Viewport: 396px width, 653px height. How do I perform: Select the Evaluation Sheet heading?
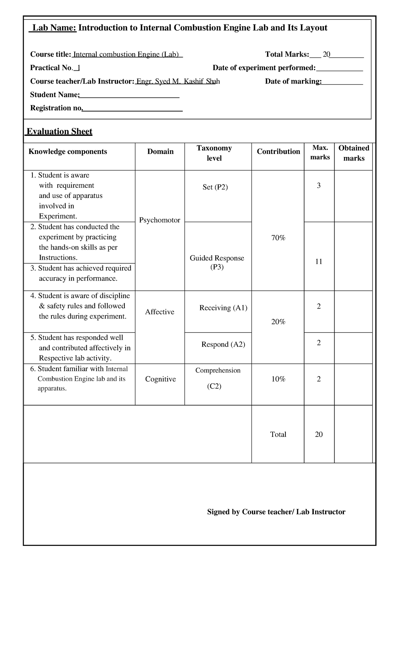59,132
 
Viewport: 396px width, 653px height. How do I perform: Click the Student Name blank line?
129,96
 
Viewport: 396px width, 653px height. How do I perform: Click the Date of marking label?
293,81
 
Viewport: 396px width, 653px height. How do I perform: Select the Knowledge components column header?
68,152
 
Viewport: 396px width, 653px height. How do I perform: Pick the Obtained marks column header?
353,153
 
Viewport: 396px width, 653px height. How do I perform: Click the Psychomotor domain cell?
160,220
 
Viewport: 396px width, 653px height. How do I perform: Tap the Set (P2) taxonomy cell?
215,187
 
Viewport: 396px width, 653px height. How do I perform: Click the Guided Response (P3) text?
217,262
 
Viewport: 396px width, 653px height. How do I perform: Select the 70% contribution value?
278,238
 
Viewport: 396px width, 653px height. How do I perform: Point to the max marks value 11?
318,262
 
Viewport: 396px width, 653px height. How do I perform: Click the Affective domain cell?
160,312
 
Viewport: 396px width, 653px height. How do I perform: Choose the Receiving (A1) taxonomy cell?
223,308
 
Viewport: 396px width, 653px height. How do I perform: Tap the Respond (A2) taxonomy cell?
223,344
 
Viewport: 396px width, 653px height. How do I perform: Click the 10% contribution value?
278,379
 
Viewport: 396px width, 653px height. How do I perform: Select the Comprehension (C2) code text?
214,386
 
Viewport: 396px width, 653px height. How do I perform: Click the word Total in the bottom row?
278,435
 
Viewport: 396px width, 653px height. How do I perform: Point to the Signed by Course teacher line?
276,512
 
